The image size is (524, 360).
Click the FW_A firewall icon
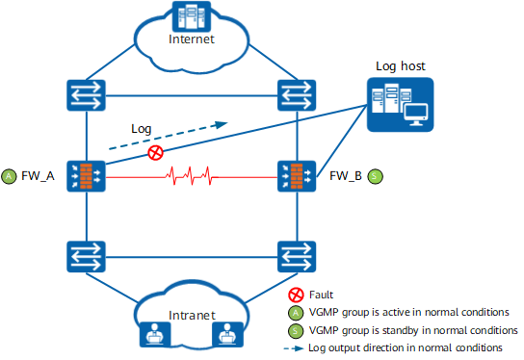coord(87,176)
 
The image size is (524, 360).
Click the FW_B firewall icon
coord(297,176)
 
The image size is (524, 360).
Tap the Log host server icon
coord(400,105)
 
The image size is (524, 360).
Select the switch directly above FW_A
coord(87,95)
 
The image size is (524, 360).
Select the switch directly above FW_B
coord(297,95)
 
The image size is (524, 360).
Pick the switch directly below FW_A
coord(87,256)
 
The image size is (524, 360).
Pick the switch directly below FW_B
coord(297,256)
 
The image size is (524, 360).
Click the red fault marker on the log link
coord(155,153)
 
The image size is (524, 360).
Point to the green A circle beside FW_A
coord(9,176)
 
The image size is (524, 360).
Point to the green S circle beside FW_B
coord(375,176)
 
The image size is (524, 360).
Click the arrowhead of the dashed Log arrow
coord(222,124)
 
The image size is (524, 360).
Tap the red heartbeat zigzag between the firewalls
coord(192,175)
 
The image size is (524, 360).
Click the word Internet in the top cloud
coord(192,39)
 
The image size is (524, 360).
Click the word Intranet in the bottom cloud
coord(192,315)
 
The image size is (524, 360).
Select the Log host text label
coord(401,66)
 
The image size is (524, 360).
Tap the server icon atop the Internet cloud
coord(192,16)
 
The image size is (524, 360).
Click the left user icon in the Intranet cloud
coord(155,334)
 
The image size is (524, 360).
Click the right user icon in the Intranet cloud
coord(228,334)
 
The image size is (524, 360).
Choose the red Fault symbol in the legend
coord(296,295)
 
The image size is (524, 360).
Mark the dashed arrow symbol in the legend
coord(294,348)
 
